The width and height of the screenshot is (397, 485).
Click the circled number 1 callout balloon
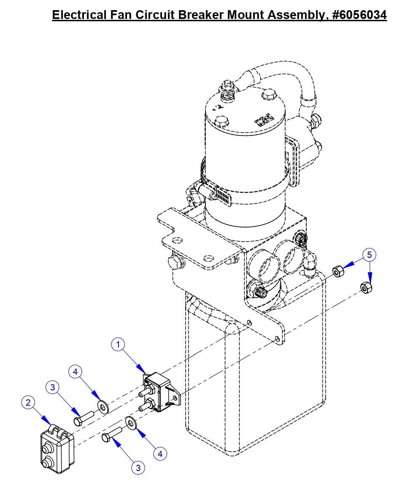[118, 344]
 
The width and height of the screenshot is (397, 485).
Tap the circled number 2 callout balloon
[28, 403]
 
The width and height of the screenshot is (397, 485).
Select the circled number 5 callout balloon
[369, 255]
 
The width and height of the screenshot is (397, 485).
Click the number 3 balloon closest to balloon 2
[52, 387]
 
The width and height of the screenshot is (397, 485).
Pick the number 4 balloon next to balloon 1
[76, 372]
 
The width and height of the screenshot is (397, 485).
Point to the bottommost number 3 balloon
[138, 467]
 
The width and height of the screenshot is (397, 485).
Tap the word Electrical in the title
[79, 15]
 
